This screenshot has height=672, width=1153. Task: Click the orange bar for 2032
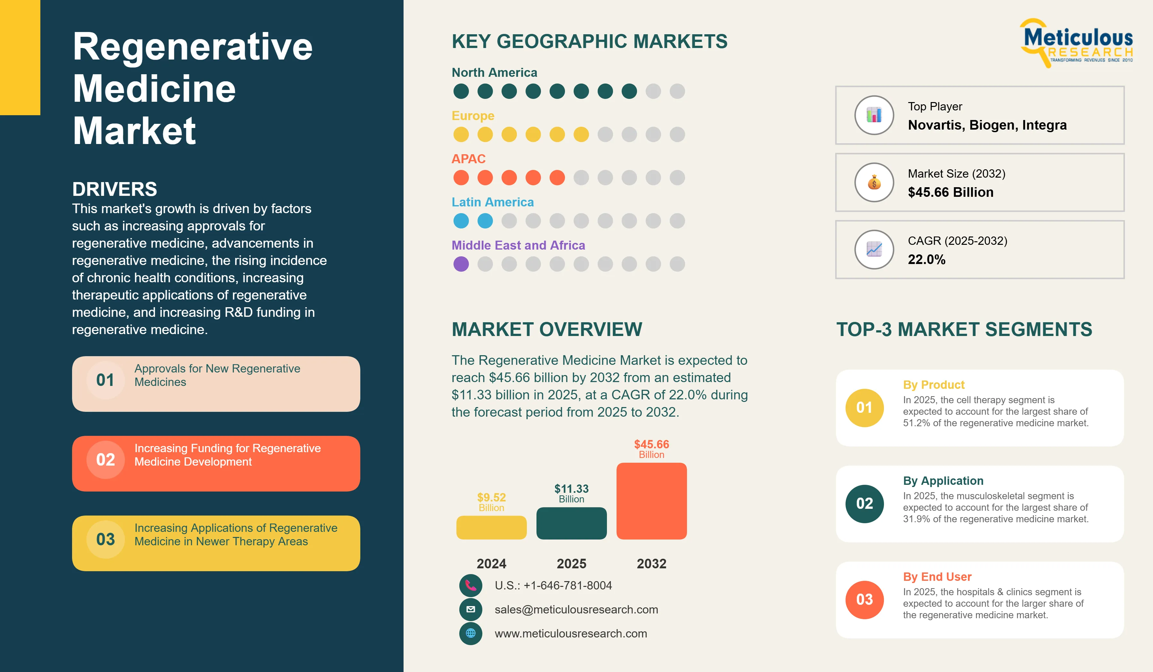651,501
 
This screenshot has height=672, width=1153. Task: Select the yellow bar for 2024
491,528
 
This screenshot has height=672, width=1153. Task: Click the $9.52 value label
491,497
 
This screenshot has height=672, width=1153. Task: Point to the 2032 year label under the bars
651,564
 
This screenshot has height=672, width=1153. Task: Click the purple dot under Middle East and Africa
461,264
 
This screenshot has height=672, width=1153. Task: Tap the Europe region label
473,116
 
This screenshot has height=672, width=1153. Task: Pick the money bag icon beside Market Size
874,182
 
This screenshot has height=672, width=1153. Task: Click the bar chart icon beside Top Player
874,115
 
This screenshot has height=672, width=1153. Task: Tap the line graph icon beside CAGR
874,249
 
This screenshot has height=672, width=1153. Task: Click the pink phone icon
471,585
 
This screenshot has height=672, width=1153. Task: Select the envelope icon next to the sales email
471,609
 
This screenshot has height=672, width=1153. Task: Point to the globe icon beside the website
471,634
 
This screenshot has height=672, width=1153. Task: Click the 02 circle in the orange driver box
106,460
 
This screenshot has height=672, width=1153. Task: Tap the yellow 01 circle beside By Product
865,408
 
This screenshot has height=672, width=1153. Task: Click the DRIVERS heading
114,189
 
